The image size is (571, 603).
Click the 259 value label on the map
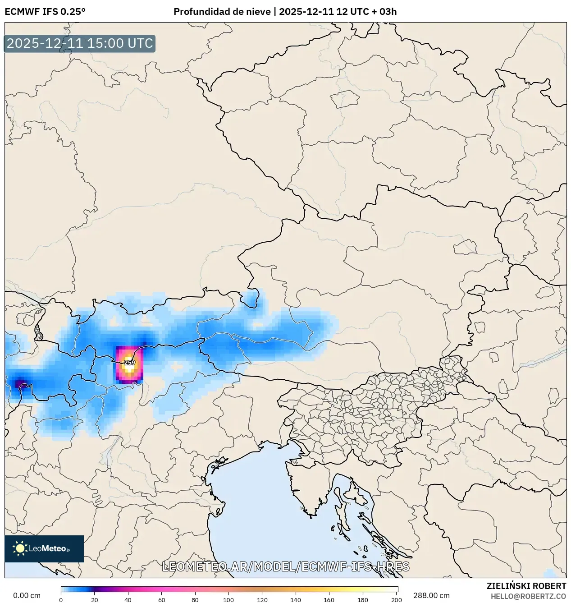pos(129,363)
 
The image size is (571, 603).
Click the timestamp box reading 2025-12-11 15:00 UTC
pos(80,43)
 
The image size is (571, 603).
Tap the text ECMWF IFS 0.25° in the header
pos(45,12)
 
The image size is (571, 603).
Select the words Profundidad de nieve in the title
pos(222,12)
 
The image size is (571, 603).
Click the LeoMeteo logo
pos(44,548)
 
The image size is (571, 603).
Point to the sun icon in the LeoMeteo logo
pos(20,548)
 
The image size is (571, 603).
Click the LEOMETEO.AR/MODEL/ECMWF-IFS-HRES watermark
pos(285,566)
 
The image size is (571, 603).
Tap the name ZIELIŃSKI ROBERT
pos(526,586)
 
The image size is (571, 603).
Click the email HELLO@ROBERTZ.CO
pos(528,596)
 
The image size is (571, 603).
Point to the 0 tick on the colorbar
pos(61,600)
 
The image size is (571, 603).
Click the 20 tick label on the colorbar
pos(95,600)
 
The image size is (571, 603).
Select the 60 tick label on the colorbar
pos(161,600)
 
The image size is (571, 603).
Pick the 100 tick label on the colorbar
pos(228,600)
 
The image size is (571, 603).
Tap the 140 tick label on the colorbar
pos(296,600)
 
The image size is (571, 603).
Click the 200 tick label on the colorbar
pos(396,600)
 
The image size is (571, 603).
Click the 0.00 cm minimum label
pos(27,595)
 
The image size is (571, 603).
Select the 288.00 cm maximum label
pos(431,595)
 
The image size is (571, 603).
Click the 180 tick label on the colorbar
pos(363,600)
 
